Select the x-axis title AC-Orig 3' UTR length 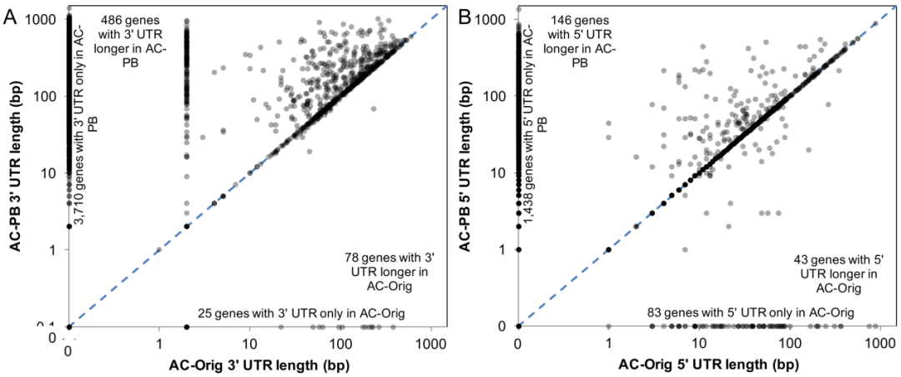point(259,364)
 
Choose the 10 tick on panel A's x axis point(249,343)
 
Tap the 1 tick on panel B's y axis point(503,249)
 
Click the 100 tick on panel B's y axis point(497,96)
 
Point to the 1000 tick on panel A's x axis point(430,343)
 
